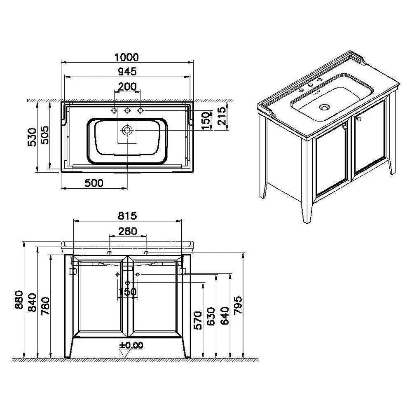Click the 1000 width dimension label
coord(126,57)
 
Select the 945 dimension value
coord(127,71)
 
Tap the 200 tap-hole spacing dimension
coord(127,87)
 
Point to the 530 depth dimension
coord(32,137)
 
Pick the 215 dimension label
coord(222,116)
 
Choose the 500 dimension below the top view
coord(94,183)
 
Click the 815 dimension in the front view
coord(127,216)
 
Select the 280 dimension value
coord(127,231)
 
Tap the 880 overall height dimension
coord(19,300)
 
